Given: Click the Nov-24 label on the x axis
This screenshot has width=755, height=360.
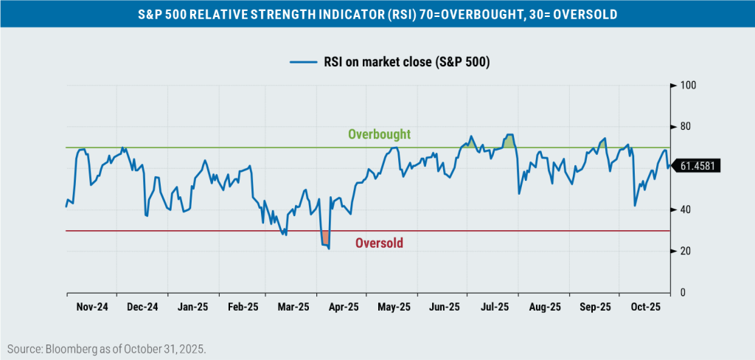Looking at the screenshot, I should click(x=91, y=307).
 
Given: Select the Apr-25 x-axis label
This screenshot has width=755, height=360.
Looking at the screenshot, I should click(x=343, y=307).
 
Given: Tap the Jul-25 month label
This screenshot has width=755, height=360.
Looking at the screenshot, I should click(x=494, y=307).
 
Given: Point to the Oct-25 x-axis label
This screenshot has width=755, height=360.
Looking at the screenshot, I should click(x=645, y=307).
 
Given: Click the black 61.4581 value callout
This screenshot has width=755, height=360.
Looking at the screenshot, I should click(x=700, y=167).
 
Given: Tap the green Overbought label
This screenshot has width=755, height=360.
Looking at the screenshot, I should click(x=379, y=134).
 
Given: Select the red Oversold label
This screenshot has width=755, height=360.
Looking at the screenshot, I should click(x=379, y=243).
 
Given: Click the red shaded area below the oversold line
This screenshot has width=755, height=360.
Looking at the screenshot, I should click(x=324, y=237).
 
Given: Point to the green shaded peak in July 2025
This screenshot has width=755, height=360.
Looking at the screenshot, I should click(x=509, y=141).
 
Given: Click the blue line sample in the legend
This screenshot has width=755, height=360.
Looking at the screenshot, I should click(x=300, y=63).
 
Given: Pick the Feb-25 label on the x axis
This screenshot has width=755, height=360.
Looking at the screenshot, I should click(x=243, y=307).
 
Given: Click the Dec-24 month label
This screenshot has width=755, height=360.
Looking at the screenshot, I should click(x=142, y=307).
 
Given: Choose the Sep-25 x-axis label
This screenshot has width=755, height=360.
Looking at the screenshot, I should click(x=594, y=307).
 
